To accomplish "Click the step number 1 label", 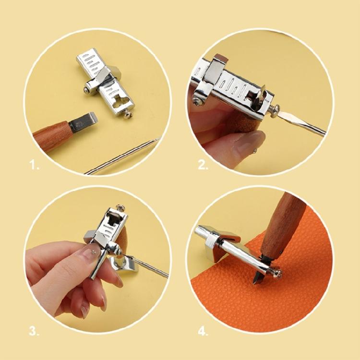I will coord(34,166).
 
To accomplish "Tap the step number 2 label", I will coord(203,166).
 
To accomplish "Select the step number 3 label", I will coord(34,331).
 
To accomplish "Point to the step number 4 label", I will coord(204,331).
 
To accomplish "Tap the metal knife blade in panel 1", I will coord(84,121).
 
